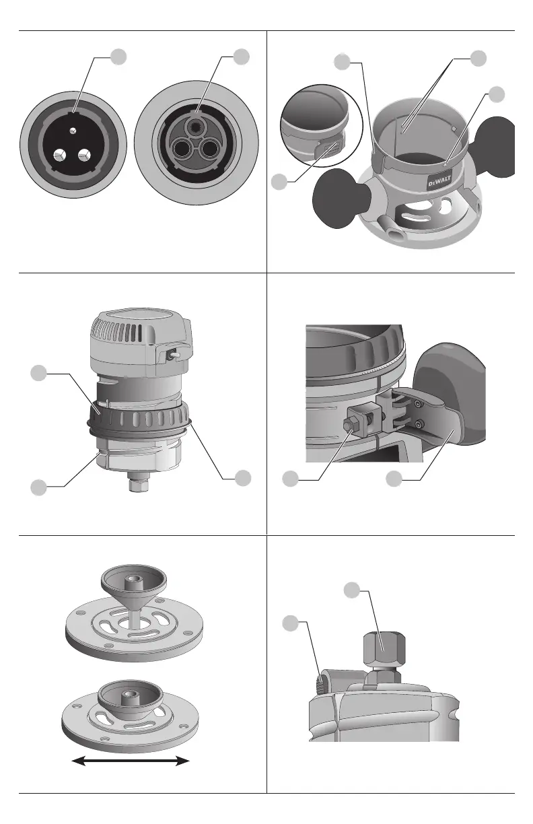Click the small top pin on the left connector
[73, 131]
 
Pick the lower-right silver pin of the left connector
[84, 154]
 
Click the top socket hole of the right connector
[197, 126]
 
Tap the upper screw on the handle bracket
[419, 405]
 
